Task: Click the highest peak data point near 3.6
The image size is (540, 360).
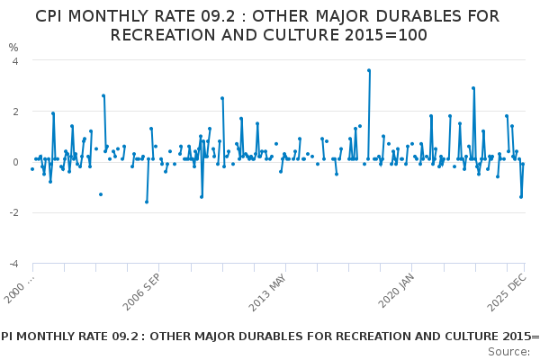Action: (369, 70)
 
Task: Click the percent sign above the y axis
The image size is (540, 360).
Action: (13, 47)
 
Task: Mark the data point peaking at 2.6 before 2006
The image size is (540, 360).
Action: (103, 95)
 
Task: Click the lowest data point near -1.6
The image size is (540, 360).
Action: (147, 202)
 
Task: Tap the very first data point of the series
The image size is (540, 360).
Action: (32, 169)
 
